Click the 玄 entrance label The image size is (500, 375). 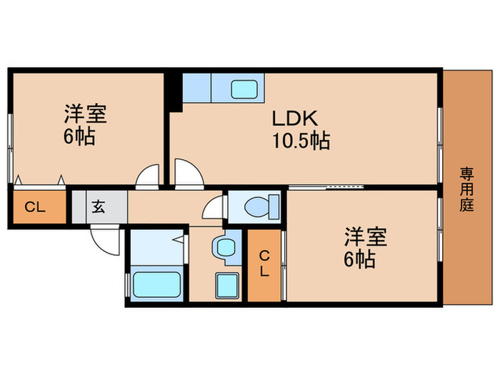pos(99,208)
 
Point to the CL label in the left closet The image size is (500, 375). pos(35,208)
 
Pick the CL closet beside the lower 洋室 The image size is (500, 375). pos(264,264)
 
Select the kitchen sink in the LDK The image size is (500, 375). pos(244,90)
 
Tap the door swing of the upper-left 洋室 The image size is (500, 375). pos(149,176)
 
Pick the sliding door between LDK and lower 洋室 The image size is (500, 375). pos(326,186)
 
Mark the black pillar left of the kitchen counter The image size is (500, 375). pos(173,91)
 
